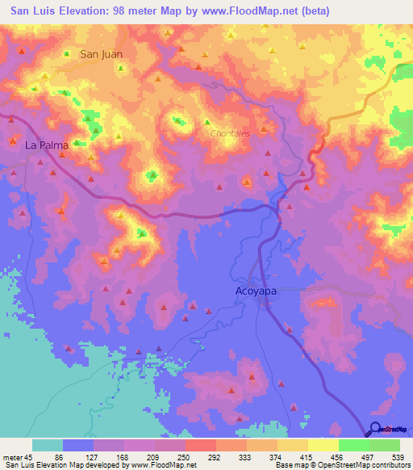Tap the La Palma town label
coord(44,146)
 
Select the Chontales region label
coord(230,133)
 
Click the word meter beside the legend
coord(11,456)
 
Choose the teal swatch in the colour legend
coord(48,445)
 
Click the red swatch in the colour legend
coord(201,445)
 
